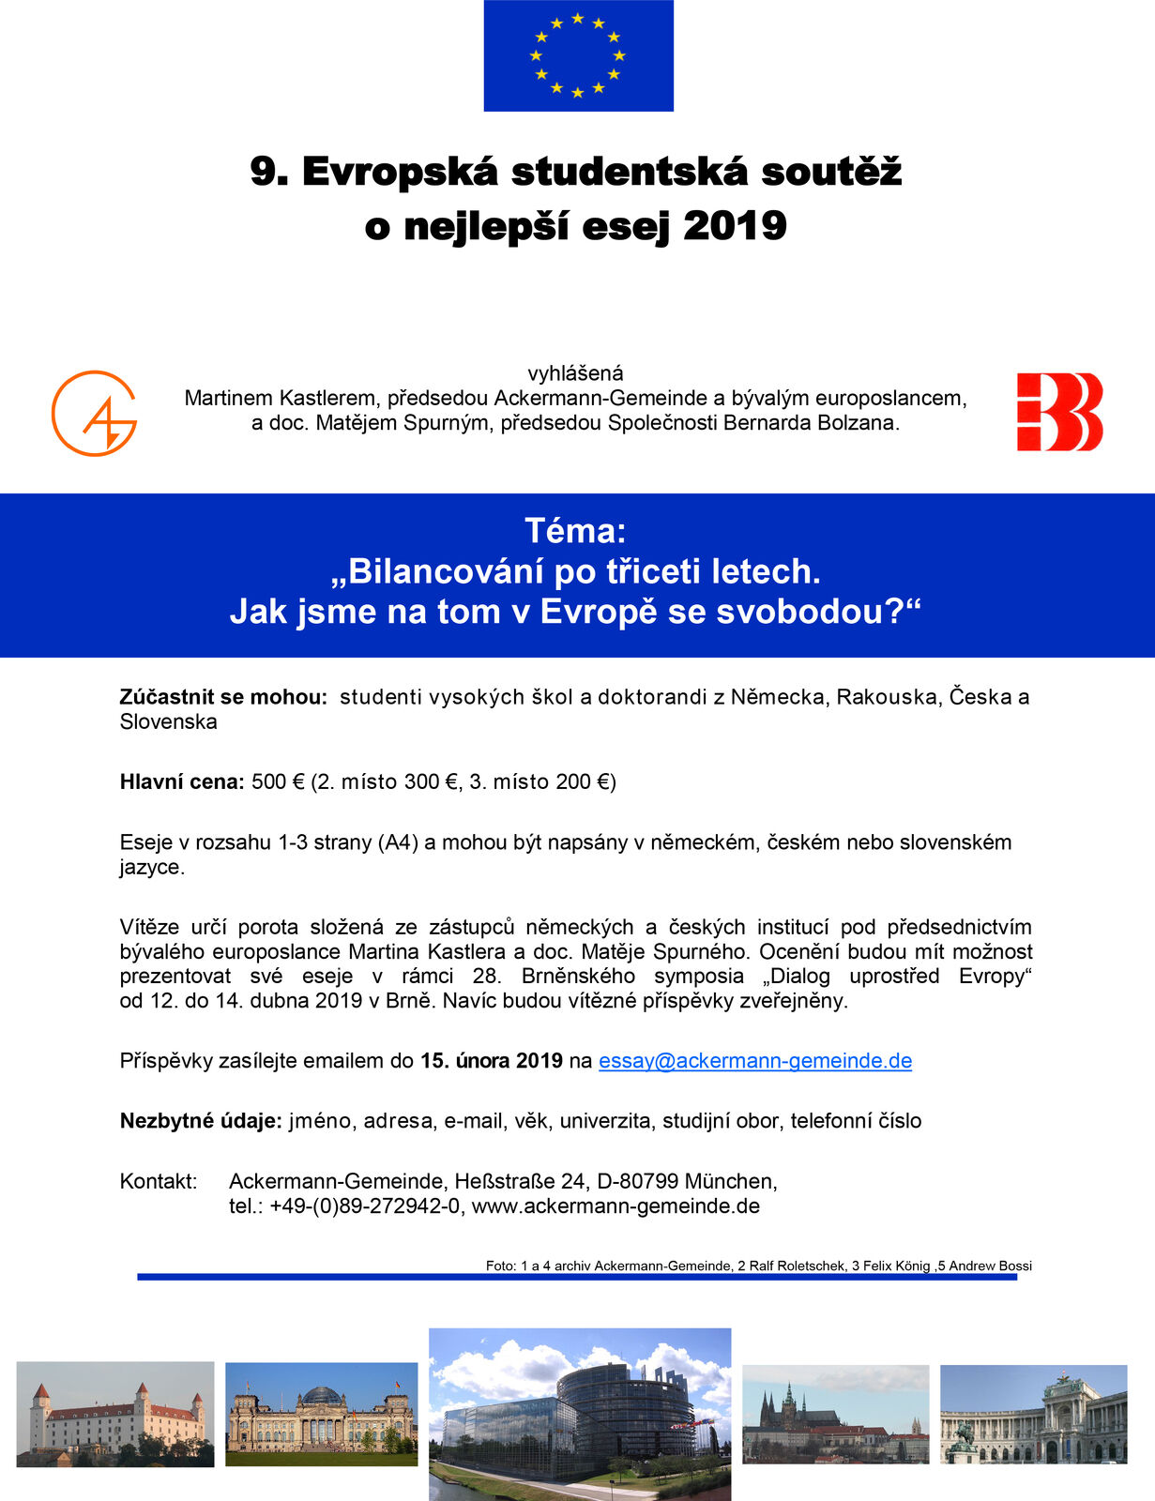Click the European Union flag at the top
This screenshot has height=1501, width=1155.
click(x=578, y=55)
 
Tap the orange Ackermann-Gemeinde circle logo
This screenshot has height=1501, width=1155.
click(x=94, y=414)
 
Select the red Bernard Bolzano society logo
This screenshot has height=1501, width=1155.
click(x=1059, y=412)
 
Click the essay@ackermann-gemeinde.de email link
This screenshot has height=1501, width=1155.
click(x=755, y=1061)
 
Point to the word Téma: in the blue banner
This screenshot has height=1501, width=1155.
click(x=575, y=531)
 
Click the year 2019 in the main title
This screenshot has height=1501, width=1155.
click(x=735, y=226)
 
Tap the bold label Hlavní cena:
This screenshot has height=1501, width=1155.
click(x=182, y=782)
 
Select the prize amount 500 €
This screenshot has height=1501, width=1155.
click(x=278, y=782)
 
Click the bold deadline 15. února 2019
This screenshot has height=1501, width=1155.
click(x=491, y=1061)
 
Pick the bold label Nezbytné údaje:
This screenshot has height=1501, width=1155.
click(x=201, y=1121)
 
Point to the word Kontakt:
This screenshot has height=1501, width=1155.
click(x=159, y=1181)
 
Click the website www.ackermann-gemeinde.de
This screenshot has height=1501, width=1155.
click(x=615, y=1206)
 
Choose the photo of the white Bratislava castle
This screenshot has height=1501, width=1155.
click(x=115, y=1414)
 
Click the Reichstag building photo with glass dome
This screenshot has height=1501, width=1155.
click(x=321, y=1414)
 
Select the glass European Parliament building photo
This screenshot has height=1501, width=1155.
click(x=580, y=1414)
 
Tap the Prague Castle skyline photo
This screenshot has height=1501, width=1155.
click(x=835, y=1414)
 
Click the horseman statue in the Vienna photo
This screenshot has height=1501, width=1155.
click(x=963, y=1436)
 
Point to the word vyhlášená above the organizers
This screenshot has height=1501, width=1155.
click(x=575, y=373)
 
